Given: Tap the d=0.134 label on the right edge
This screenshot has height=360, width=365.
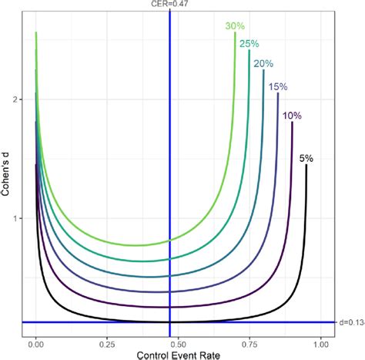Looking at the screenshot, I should tap(350, 321).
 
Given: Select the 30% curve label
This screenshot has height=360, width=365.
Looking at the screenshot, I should tap(236, 26).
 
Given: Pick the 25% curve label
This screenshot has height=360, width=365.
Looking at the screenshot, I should tap(249, 44).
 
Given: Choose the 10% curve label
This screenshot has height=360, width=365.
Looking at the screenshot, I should tap(292, 116).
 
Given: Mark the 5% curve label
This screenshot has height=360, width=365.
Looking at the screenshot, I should tap(306, 158).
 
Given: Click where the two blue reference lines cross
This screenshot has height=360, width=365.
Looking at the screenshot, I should tap(169, 321).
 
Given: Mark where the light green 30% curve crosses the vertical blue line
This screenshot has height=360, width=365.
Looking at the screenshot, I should tap(169, 241).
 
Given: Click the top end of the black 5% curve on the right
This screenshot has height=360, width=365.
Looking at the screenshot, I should tap(306, 165).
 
